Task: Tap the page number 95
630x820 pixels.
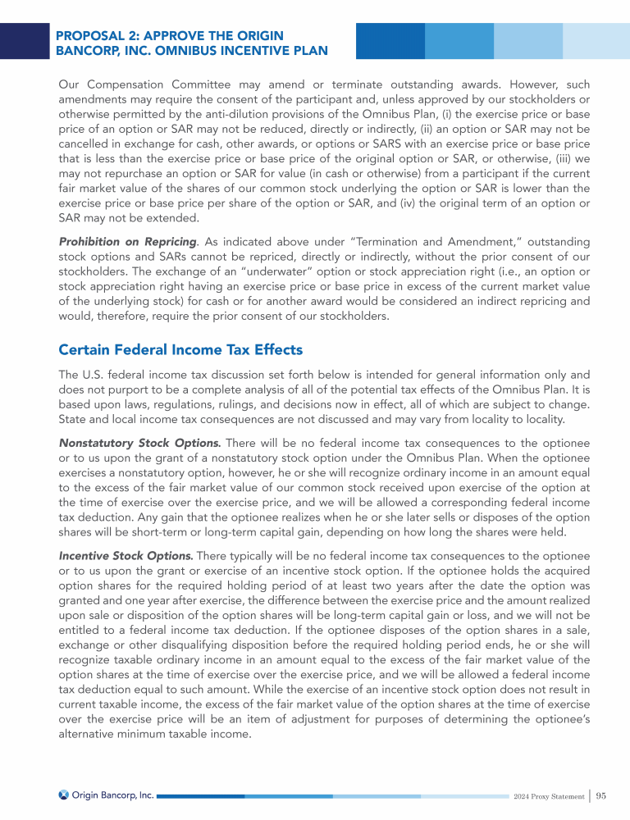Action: (x=601, y=795)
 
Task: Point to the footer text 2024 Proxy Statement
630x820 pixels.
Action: (x=549, y=795)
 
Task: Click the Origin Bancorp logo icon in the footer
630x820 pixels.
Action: (x=64, y=795)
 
